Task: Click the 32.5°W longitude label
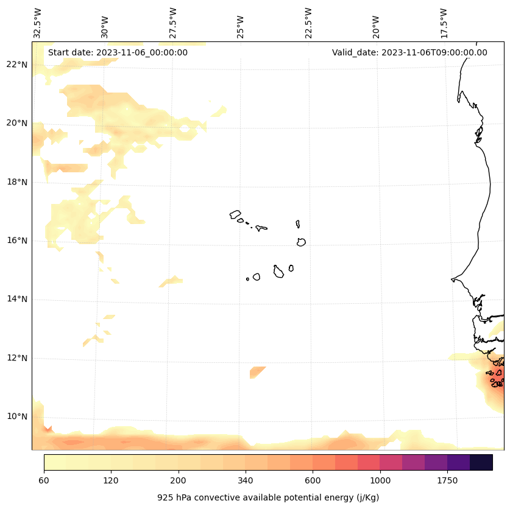click(38, 23)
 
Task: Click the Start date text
click(118, 52)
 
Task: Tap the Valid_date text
click(409, 52)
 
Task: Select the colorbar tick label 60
click(44, 481)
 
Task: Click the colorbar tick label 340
click(246, 481)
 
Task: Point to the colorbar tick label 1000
click(380, 481)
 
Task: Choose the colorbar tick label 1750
click(447, 481)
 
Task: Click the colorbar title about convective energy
click(268, 497)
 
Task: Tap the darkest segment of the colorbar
click(481, 462)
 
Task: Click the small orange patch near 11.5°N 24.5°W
click(257, 372)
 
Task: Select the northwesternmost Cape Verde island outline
click(235, 214)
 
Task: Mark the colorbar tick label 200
click(179, 481)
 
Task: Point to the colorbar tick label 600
click(313, 481)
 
